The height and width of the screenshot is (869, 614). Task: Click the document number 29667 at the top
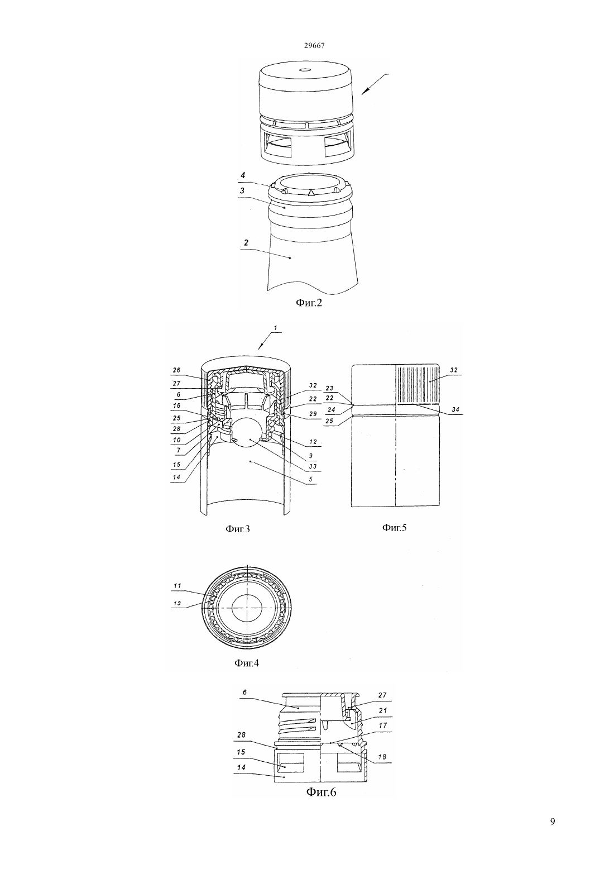coord(314,45)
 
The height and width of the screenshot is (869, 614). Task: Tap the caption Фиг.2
coord(309,302)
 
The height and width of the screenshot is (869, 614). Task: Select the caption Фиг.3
coord(238,528)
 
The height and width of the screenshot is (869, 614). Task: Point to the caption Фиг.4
coord(247,663)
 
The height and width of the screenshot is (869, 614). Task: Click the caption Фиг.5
coord(395,527)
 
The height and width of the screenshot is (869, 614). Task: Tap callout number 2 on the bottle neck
coord(246,243)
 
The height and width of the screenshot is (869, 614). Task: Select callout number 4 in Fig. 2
coord(243,176)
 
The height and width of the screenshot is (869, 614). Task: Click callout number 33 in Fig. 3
coord(313,466)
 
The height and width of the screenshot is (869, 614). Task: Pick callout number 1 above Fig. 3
coord(275,328)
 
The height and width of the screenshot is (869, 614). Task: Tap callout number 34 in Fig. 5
coord(455,409)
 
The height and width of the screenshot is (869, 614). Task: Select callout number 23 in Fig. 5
coord(329,388)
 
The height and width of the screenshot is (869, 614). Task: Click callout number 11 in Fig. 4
coord(178,585)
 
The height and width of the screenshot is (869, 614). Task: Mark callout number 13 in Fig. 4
coord(178,603)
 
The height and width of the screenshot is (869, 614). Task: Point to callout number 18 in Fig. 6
coord(382,757)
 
